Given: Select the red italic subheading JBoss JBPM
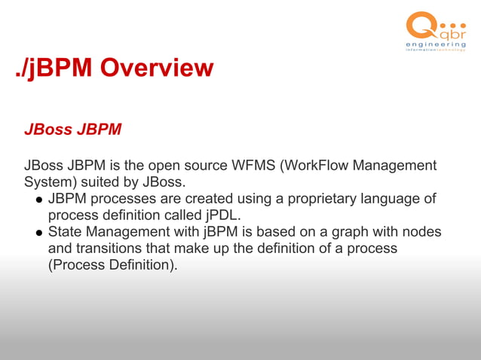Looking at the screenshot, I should (72, 129).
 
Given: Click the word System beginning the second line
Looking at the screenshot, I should (48, 182).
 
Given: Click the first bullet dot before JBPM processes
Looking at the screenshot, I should (37, 200).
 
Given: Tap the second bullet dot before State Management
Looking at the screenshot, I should (37, 233).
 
